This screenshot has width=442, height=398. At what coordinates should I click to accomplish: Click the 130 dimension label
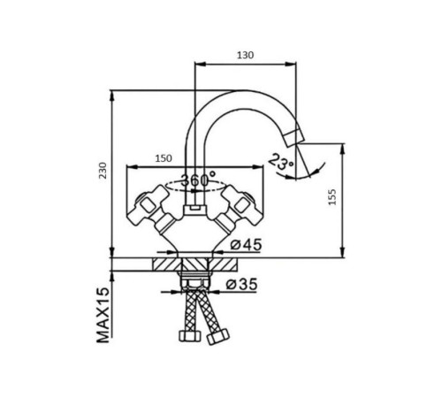click(245, 55)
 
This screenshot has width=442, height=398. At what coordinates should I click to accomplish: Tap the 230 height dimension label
click(103, 171)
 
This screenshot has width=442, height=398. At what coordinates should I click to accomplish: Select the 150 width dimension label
click(164, 158)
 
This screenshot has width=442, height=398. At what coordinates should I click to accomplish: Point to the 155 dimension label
click(332, 196)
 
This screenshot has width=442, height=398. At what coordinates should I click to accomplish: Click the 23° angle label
click(281, 162)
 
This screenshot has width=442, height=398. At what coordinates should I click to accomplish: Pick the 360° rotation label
click(198, 180)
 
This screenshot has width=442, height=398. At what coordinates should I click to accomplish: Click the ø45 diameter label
click(246, 244)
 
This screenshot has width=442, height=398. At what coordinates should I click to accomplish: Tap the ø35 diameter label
click(241, 284)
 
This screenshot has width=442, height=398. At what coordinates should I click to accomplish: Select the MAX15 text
click(103, 316)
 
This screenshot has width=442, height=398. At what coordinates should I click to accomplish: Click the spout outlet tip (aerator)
click(294, 137)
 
